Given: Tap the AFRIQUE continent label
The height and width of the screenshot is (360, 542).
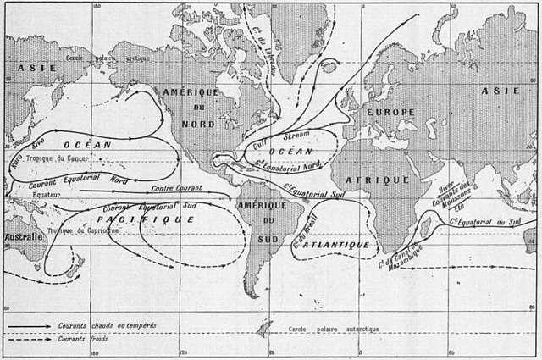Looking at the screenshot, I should [x=377, y=180].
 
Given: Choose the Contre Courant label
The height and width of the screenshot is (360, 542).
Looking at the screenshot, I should [x=175, y=187].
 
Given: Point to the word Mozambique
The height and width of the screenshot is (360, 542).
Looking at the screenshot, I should [x=404, y=253].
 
